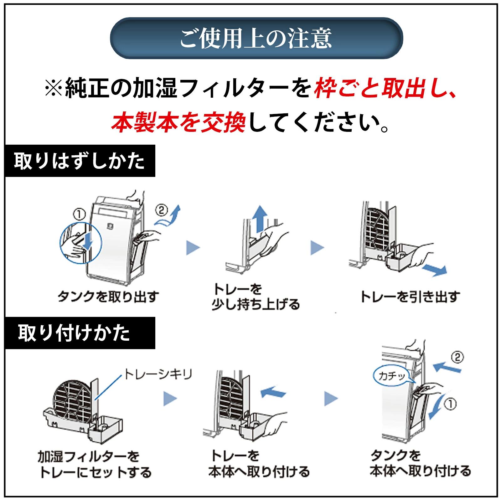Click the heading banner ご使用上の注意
(256, 38)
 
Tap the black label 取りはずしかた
(80, 161)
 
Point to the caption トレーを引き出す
(410, 296)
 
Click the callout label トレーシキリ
(158, 374)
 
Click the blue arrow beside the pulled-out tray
(434, 270)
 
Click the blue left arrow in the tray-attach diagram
(273, 392)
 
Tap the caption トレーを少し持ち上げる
(256, 297)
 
